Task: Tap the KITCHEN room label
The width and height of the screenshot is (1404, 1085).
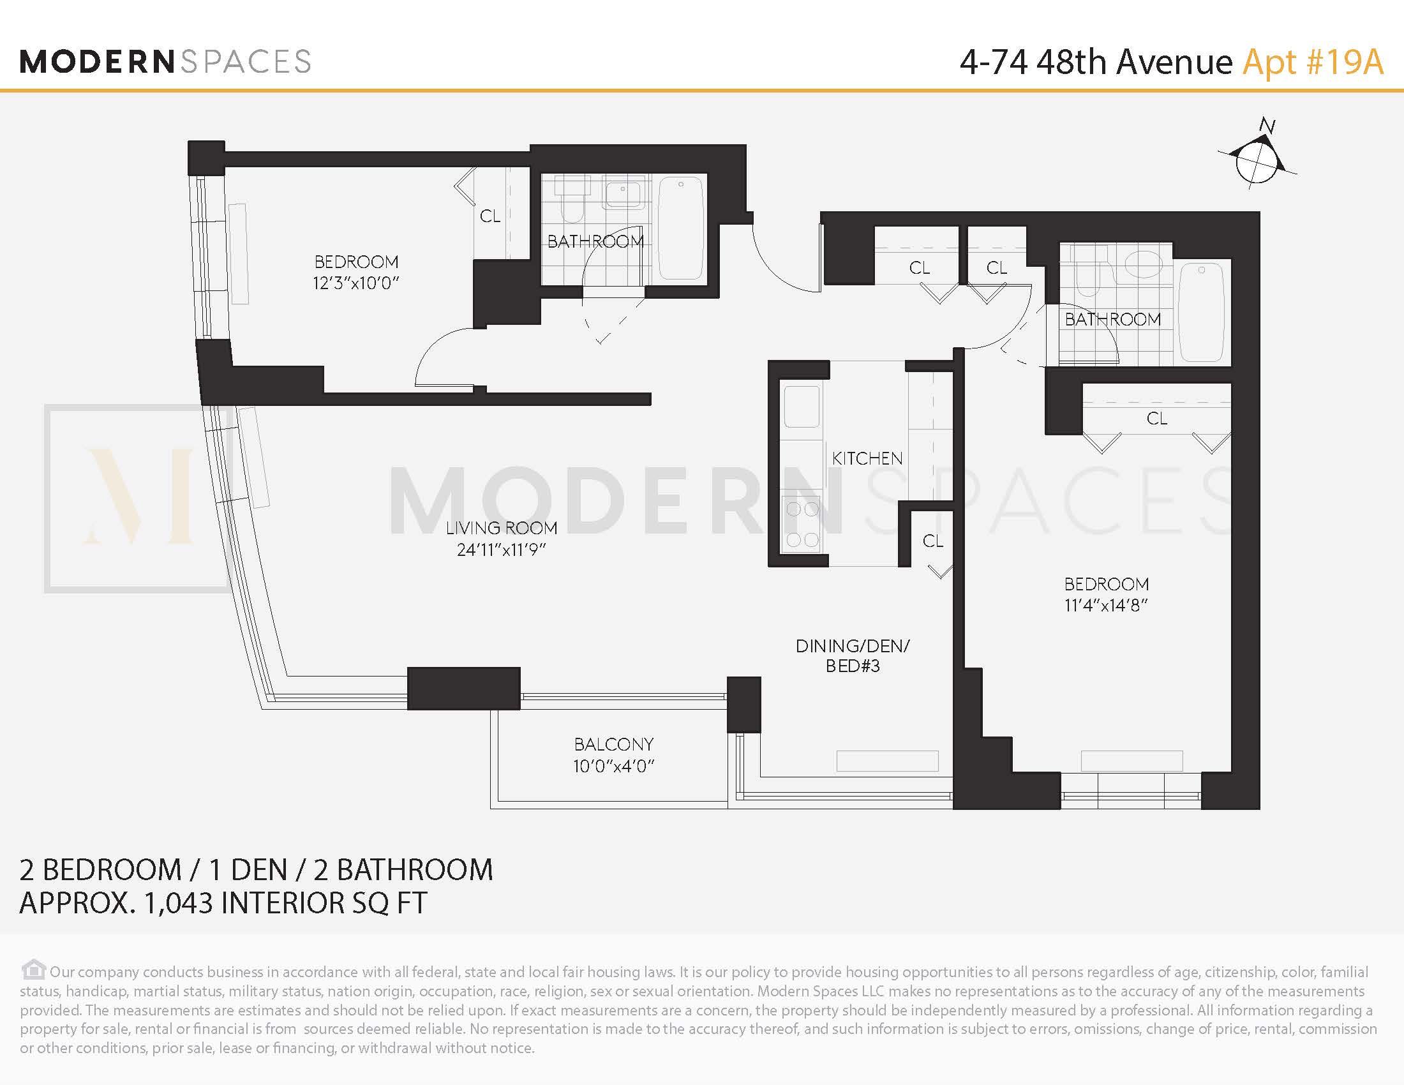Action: tap(867, 458)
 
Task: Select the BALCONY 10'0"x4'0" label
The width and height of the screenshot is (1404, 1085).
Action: tap(613, 755)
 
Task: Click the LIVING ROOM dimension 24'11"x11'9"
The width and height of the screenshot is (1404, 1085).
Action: tap(502, 550)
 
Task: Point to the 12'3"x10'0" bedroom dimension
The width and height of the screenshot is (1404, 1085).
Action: tap(356, 283)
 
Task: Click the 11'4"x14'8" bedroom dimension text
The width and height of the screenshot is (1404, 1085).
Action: tap(1106, 605)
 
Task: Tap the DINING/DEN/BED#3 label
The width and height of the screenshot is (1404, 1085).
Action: tap(853, 655)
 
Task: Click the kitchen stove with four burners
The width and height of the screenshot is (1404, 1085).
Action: tap(802, 525)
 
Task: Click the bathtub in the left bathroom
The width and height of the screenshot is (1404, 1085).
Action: tap(681, 228)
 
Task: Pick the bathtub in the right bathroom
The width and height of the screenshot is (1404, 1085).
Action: tap(1202, 312)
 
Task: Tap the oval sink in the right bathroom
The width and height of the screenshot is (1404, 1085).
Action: tap(1144, 264)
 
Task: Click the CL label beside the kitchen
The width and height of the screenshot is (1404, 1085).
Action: tap(933, 541)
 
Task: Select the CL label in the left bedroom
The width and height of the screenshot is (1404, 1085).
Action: tap(490, 216)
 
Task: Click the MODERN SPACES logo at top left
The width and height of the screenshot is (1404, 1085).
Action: tap(165, 62)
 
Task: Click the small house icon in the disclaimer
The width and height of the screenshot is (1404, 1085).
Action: tap(33, 969)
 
